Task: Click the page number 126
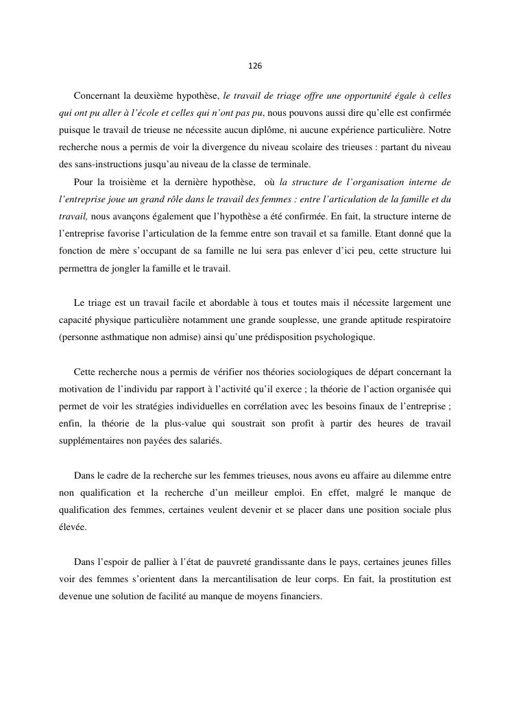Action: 254,67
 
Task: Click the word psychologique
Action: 343,337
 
